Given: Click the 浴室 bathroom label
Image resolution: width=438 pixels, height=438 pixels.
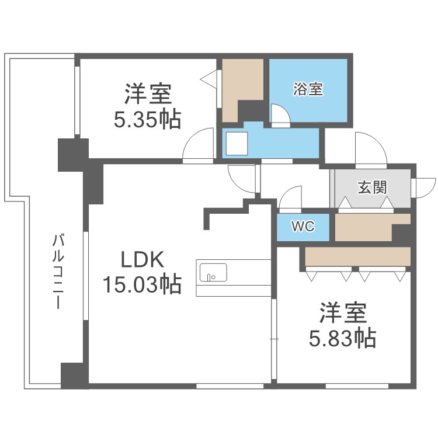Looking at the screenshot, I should click(x=308, y=89).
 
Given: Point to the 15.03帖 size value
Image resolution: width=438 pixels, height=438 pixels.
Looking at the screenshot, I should click(x=141, y=285).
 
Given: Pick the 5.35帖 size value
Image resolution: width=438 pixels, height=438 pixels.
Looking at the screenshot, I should click(x=147, y=120).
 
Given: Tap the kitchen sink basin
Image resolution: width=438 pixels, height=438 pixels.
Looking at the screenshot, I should click(x=213, y=272).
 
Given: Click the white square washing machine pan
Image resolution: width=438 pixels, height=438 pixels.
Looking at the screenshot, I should click(x=237, y=143).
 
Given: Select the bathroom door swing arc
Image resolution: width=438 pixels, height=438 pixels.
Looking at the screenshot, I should click(x=280, y=115).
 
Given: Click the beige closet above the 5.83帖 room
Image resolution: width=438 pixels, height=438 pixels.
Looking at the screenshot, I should click(x=357, y=256).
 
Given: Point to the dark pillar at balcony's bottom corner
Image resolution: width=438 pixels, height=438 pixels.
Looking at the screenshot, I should click(x=74, y=376).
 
